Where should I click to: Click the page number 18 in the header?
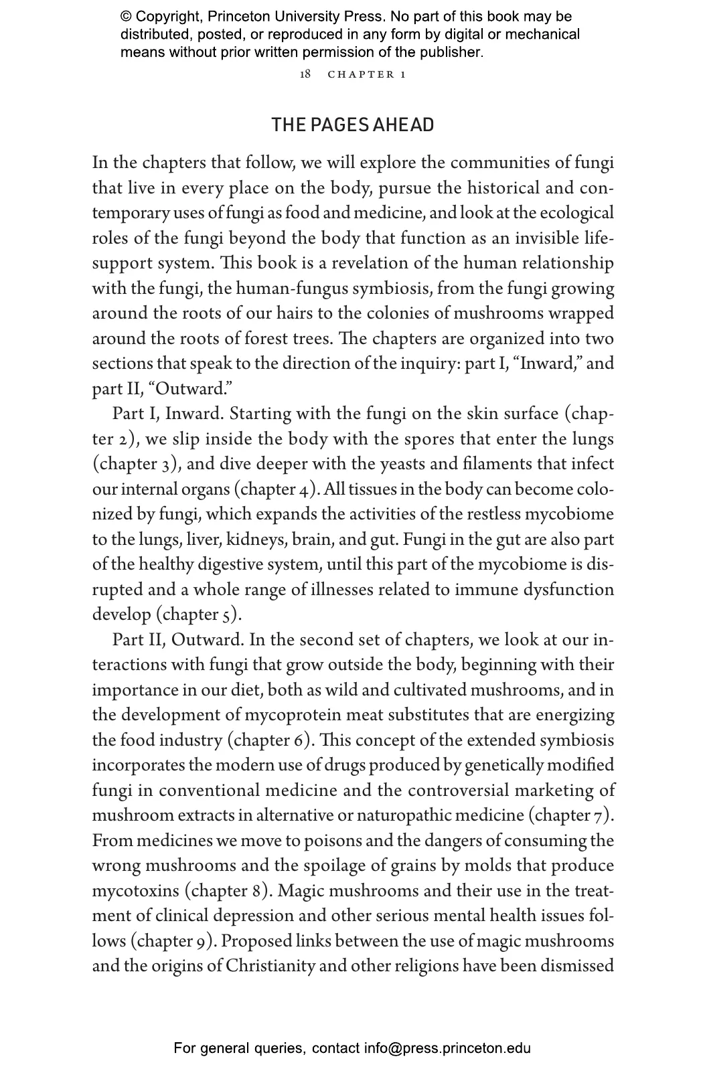pyautogui.click(x=305, y=74)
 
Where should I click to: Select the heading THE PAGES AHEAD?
pyautogui.click(x=352, y=125)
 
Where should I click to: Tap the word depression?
pyautogui.click(x=285, y=916)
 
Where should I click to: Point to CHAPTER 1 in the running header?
pyautogui.click(x=366, y=74)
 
